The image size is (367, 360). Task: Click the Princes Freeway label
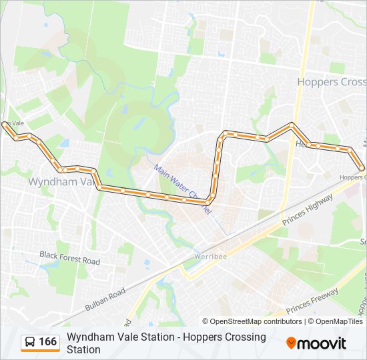[312, 301]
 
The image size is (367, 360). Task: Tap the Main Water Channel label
[182, 189]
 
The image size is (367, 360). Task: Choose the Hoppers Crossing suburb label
[332, 82]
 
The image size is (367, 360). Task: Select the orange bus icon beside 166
[31, 342]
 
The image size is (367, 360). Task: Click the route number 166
[48, 342]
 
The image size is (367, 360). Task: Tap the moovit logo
[316, 343]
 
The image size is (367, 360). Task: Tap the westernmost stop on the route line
[5, 124]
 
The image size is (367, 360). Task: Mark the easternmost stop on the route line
[362, 168]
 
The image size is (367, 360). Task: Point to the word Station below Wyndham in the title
[83, 349]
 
